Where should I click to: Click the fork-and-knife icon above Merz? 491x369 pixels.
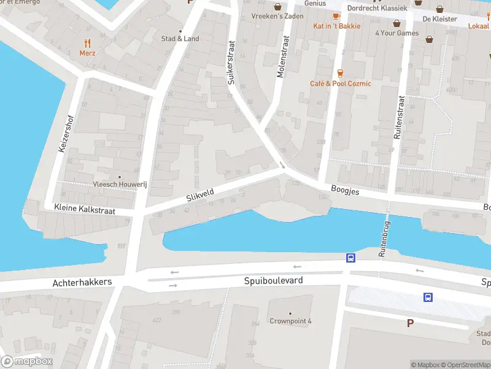pyautogui.click(x=87, y=43)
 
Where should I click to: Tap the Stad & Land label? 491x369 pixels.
pyautogui.click(x=180, y=39)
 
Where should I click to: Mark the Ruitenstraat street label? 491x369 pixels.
pyautogui.click(x=399, y=117)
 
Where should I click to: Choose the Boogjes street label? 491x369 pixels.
pyautogui.click(x=344, y=192)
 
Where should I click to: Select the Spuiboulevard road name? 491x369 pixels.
pyautogui.click(x=274, y=280)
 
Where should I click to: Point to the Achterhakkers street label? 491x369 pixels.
pyautogui.click(x=82, y=282)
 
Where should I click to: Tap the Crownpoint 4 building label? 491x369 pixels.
pyautogui.click(x=290, y=321)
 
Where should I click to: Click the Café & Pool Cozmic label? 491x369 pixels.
pyautogui.click(x=340, y=84)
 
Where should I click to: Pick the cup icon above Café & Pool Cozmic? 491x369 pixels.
pyautogui.click(x=340, y=73)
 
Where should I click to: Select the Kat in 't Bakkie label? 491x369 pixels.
pyautogui.click(x=336, y=26)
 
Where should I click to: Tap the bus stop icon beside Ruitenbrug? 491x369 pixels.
pyautogui.click(x=350, y=258)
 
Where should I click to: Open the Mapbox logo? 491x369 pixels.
pyautogui.click(x=27, y=362)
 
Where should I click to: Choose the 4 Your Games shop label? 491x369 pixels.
pyautogui.click(x=396, y=33)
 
